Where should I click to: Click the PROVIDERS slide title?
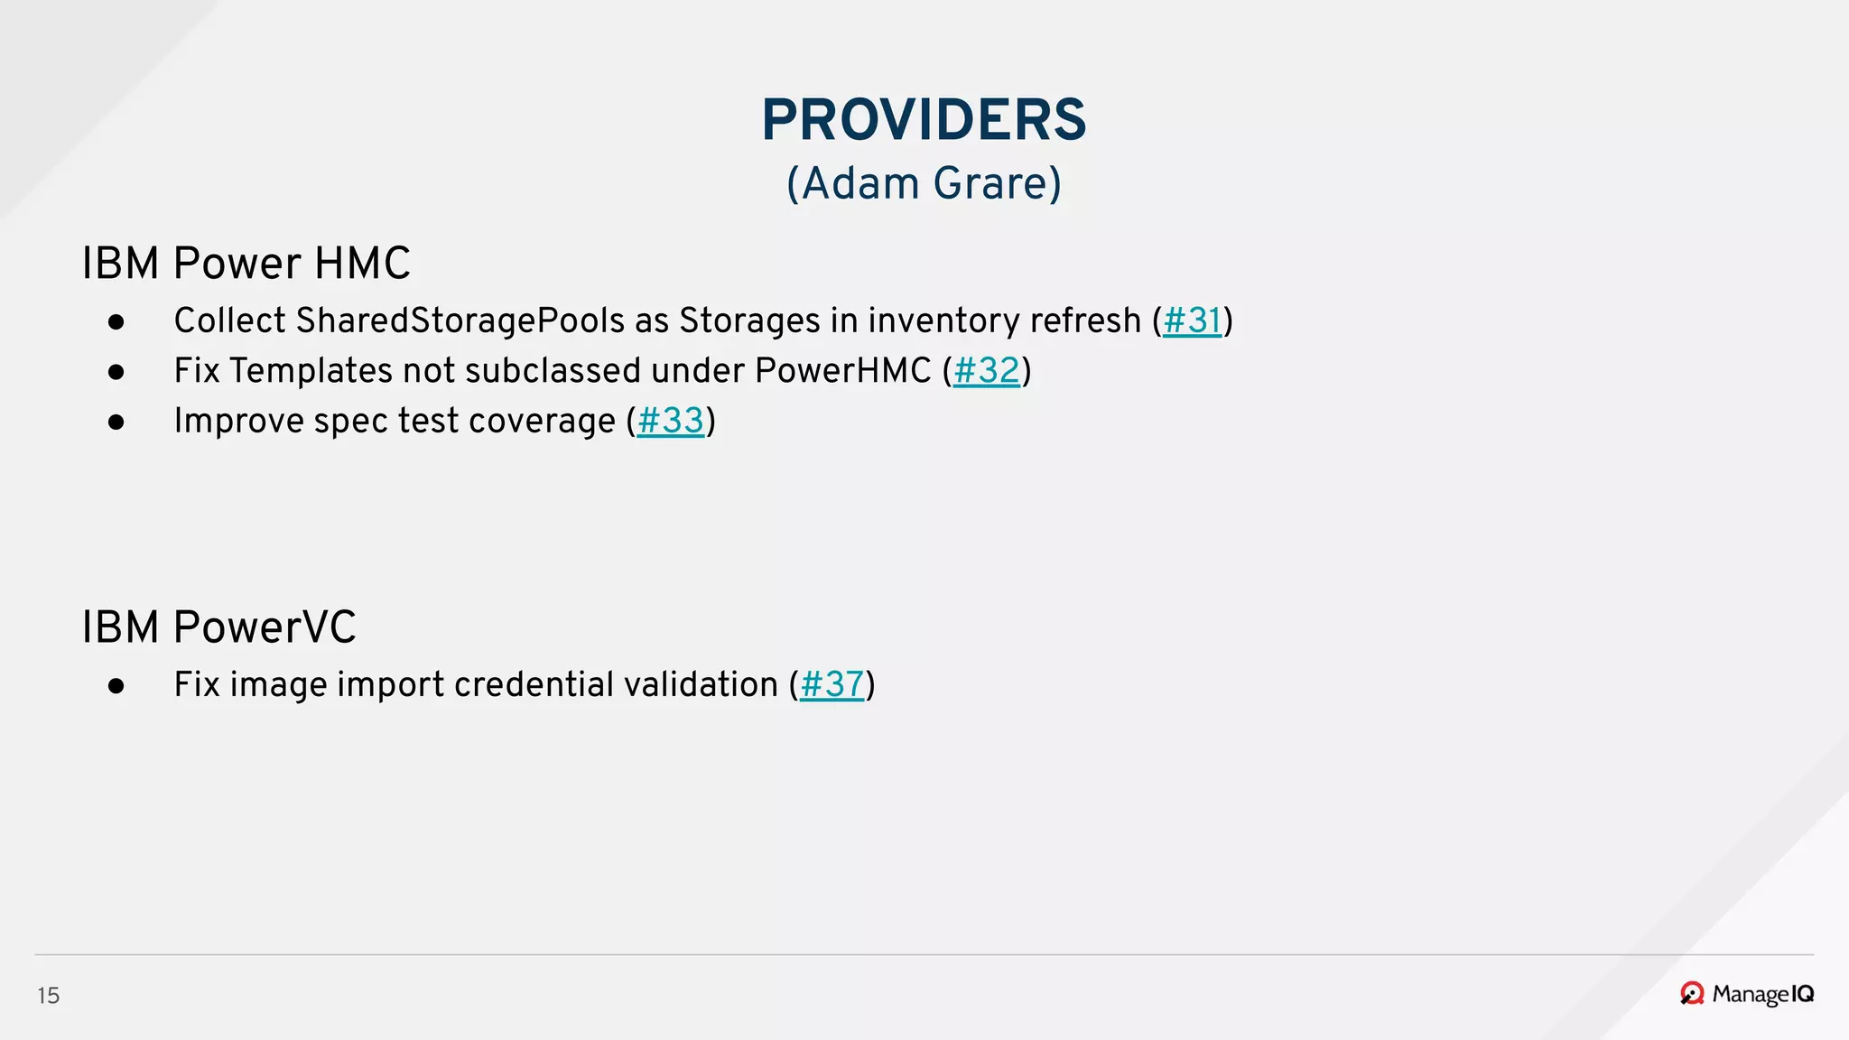point(924,120)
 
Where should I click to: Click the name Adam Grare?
point(924,183)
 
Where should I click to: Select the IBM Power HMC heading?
point(246,264)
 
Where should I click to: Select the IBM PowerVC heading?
point(218,627)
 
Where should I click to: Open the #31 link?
point(1192,321)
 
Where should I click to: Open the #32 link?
point(986,371)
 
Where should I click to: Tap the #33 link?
point(670,422)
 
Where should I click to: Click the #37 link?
point(832,685)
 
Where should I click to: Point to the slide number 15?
point(49,996)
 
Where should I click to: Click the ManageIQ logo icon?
point(1692,994)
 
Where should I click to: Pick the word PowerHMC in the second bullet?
point(842,371)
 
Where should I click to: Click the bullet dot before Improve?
point(116,422)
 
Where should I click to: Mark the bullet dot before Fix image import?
point(116,686)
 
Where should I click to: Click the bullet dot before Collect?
point(116,322)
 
